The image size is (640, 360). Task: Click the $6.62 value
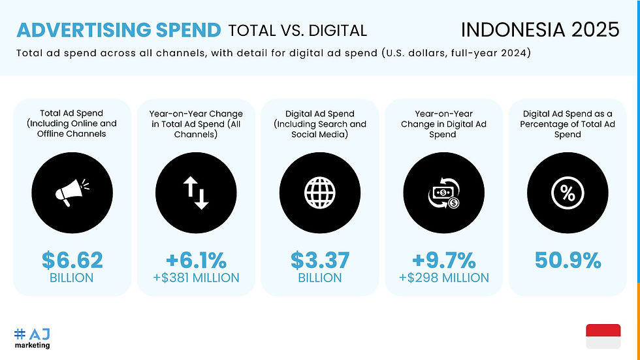pos(72,260)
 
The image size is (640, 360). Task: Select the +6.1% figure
pos(196,260)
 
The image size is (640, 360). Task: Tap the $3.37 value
pos(320,260)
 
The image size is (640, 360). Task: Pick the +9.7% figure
pos(443,260)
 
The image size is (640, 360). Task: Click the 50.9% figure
pos(567,260)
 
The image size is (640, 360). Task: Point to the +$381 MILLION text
pos(196,278)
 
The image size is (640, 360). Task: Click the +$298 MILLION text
pos(443,278)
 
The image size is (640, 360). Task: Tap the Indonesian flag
pos(603,336)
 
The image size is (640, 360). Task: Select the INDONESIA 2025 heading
pos(539,29)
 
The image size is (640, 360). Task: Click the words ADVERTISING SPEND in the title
pos(118,30)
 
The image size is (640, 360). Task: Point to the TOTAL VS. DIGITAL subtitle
pos(297,30)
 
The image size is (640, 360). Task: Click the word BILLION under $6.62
pos(72,278)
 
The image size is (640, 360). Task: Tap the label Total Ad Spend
pos(72,113)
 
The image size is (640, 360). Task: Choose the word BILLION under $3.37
pos(320,278)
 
